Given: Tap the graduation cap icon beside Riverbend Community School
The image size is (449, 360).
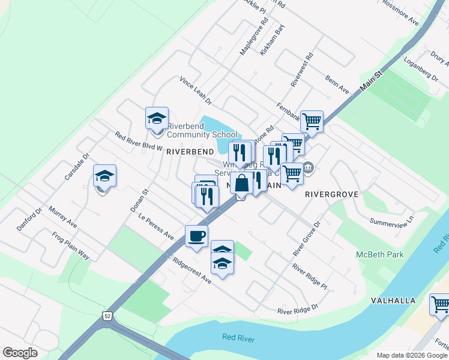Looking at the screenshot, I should (157, 119).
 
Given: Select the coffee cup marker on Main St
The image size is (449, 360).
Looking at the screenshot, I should (196, 236).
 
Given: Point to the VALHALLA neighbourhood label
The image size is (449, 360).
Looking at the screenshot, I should (393, 300).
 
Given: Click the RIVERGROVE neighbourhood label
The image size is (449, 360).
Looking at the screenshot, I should (331, 194).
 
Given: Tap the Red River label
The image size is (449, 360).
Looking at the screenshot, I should (238, 339).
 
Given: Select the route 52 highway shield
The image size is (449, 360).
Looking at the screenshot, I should (107, 316).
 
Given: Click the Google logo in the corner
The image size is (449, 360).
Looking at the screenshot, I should (20, 353).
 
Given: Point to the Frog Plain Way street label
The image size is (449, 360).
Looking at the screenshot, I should (70, 245).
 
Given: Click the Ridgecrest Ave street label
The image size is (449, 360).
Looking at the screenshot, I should (192, 271).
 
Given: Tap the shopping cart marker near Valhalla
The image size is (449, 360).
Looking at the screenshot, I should (440, 305).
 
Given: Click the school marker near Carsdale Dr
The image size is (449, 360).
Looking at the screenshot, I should (104, 176).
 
